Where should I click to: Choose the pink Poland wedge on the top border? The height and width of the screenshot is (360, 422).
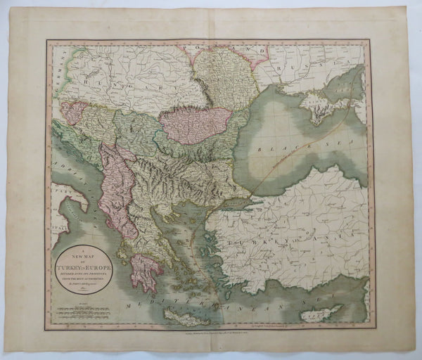(211, 50)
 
